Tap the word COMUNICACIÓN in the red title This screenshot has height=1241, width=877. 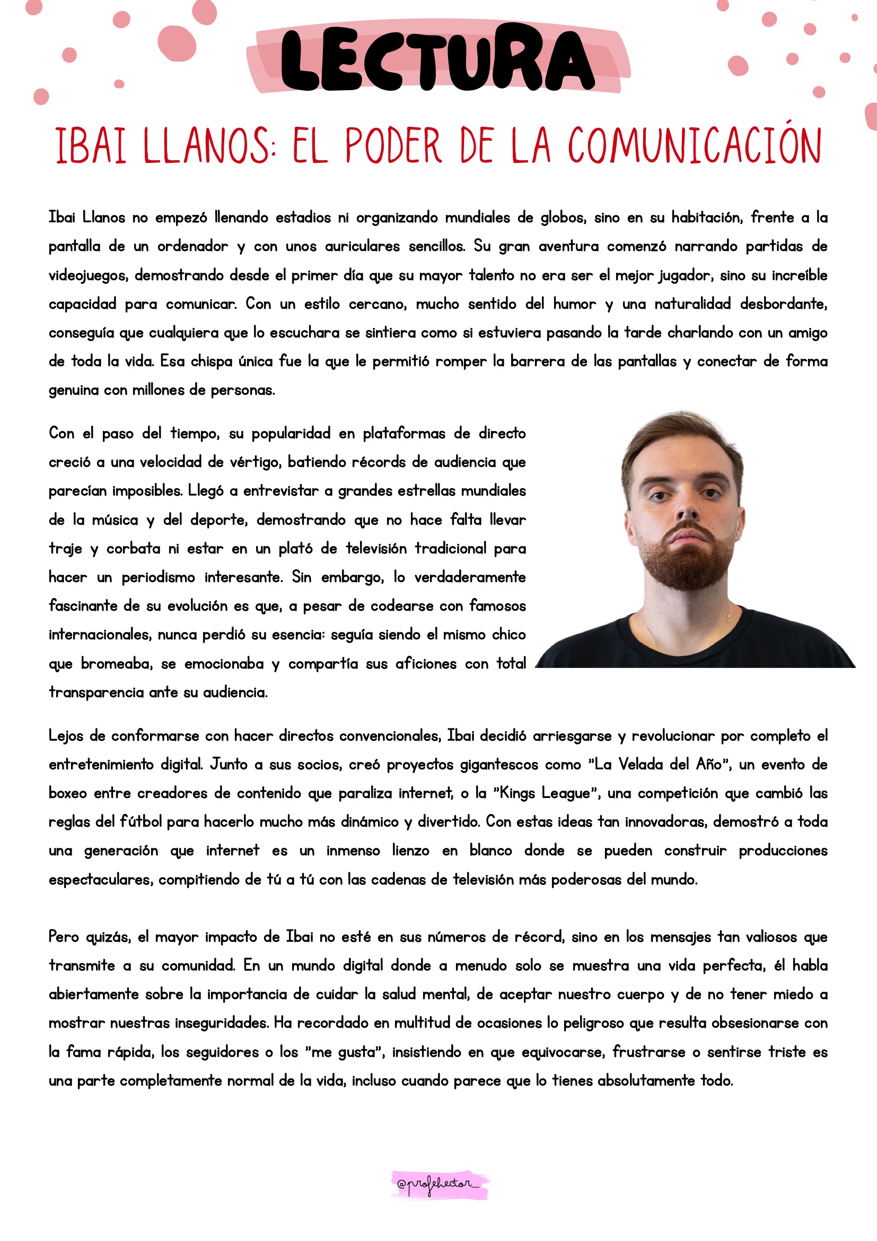pyautogui.click(x=695, y=146)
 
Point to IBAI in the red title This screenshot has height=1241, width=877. pyautogui.click(x=91, y=146)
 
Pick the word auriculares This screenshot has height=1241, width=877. pyautogui.click(x=362, y=247)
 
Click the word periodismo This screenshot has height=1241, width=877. pyautogui.click(x=158, y=577)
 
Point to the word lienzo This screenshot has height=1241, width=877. pyautogui.click(x=410, y=851)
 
